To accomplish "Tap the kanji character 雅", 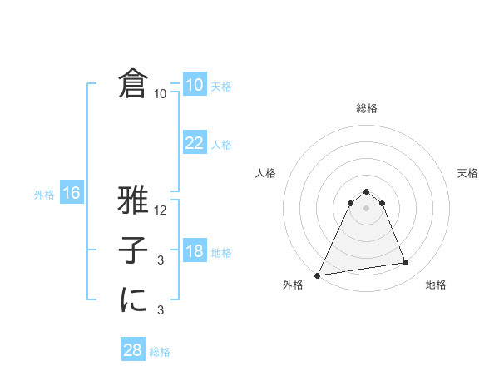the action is click(x=133, y=201).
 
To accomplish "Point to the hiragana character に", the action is click(x=133, y=299).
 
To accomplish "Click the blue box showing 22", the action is click(x=194, y=143).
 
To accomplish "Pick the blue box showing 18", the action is click(x=194, y=251).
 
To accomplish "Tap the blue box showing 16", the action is click(x=71, y=194).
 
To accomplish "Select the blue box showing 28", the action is click(x=132, y=350).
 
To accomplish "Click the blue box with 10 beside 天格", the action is click(x=194, y=85).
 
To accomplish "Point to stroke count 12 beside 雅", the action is click(x=161, y=210).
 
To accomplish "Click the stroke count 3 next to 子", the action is click(x=161, y=260).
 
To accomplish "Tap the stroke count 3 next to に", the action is click(x=161, y=310).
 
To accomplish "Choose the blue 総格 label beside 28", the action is click(x=160, y=352).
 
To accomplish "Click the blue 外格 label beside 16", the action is click(x=44, y=195).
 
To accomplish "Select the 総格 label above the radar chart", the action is click(x=366, y=108).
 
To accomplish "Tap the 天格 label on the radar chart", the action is click(x=468, y=173).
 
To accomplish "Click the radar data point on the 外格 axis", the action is click(x=318, y=275).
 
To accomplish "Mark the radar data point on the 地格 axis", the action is click(x=406, y=263).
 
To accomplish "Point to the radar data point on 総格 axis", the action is click(x=366, y=192).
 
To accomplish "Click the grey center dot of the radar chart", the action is click(x=366, y=208).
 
